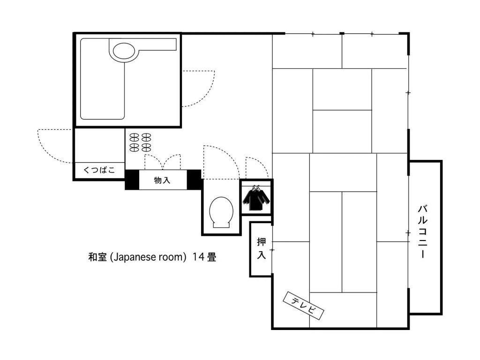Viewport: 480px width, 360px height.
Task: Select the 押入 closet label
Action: coord(261,248)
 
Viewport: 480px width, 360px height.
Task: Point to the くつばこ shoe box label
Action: coord(99,170)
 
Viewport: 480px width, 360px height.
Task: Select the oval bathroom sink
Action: coord(124,50)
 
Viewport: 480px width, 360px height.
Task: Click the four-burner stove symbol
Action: coord(140,142)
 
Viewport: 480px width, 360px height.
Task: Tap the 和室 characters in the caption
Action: coord(97,257)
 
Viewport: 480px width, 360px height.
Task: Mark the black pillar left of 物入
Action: coord(132,180)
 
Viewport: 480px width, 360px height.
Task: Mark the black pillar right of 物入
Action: coord(194,180)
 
